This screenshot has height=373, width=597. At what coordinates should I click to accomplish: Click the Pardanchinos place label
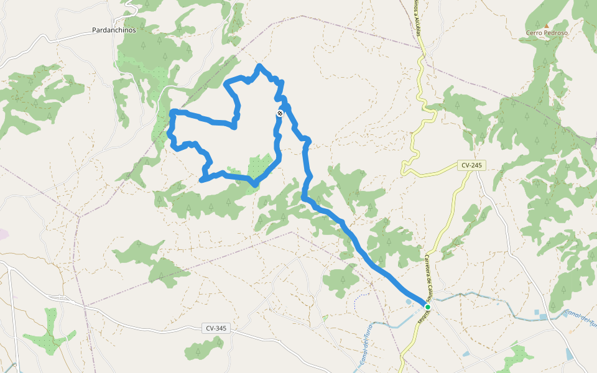point(113,30)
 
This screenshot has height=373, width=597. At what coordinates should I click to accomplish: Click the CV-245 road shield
point(471,165)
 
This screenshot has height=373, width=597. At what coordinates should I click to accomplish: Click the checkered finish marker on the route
point(280,113)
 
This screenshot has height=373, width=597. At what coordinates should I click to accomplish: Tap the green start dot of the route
point(428,306)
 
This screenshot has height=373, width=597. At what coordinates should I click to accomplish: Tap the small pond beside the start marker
point(408,302)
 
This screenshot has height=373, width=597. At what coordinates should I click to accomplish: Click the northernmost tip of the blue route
point(260,65)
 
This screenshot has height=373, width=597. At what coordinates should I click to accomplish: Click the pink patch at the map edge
point(2,234)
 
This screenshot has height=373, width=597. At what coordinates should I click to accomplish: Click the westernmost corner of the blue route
point(169,132)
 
